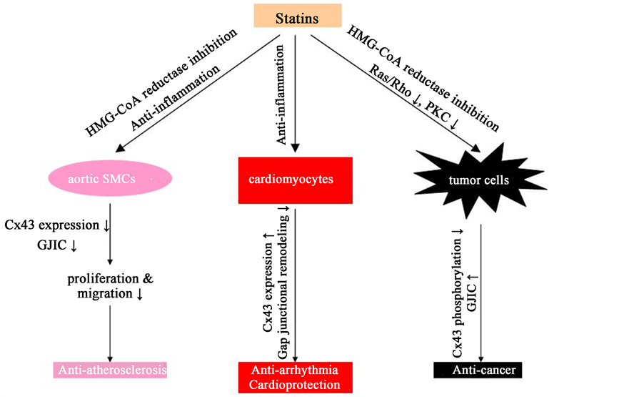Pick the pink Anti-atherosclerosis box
click(110, 370)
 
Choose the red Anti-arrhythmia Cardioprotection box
click(296, 377)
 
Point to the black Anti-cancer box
click(478, 370)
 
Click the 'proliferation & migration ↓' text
click(110, 285)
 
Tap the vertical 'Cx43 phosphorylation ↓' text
click(458, 293)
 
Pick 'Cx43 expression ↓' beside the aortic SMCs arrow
click(56, 225)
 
